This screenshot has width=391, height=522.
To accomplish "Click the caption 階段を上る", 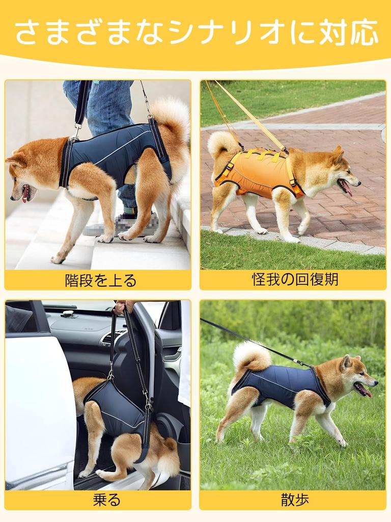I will pyautogui.click(x=101, y=280).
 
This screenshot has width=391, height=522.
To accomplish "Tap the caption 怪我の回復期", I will pyautogui.click(x=295, y=279).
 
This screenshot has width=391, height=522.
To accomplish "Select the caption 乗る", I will pyautogui.click(x=106, y=500).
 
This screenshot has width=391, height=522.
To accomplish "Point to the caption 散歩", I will pyautogui.click(x=295, y=500).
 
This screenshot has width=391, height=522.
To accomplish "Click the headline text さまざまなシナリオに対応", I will pyautogui.click(x=196, y=32).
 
